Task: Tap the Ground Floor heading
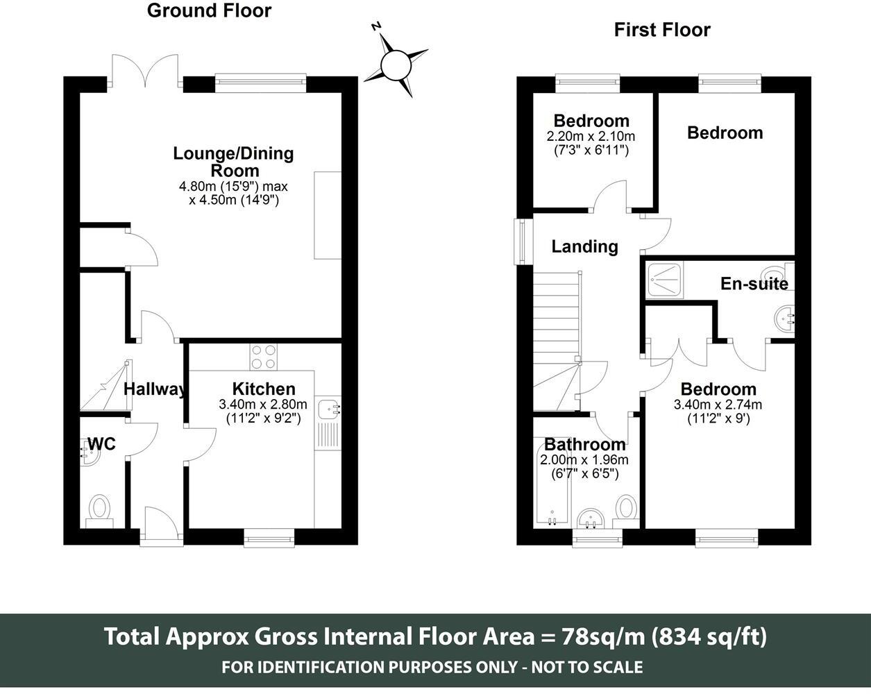pyautogui.click(x=209, y=10)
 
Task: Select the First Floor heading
pyautogui.click(x=661, y=30)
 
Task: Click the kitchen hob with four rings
pyautogui.click(x=263, y=357)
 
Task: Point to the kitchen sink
pyautogui.click(x=327, y=409)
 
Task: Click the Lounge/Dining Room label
pyautogui.click(x=233, y=162)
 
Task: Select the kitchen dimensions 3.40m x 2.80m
pyautogui.click(x=262, y=404)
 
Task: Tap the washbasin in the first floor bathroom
pyautogui.click(x=591, y=518)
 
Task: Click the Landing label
pyautogui.click(x=584, y=246)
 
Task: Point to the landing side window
pyautogui.click(x=520, y=242)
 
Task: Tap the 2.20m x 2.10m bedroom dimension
pyautogui.click(x=591, y=136)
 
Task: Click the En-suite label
pyautogui.click(x=754, y=283)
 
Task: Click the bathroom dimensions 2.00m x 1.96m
pyautogui.click(x=584, y=460)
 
